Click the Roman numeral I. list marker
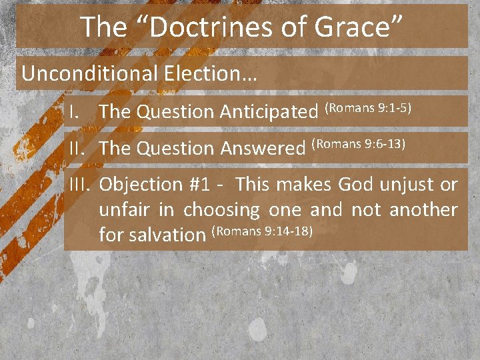pos(75,113)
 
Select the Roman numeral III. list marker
pos(81,185)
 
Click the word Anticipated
pos(269,113)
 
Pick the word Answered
pos(262,149)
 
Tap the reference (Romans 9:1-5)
pos(372,107)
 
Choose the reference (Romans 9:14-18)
pos(262,231)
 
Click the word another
pos(423,210)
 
